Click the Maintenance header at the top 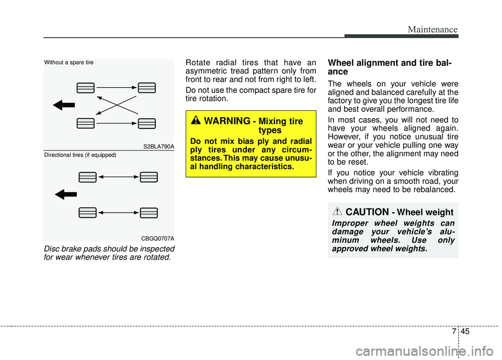433,30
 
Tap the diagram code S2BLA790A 159,147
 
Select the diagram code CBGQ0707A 158,238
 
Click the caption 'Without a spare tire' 69,63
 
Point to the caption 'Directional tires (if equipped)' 79,155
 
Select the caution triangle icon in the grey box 338,212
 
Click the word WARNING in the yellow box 227,121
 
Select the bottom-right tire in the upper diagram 147,123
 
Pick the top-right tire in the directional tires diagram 149,177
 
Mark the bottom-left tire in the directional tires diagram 88,213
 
